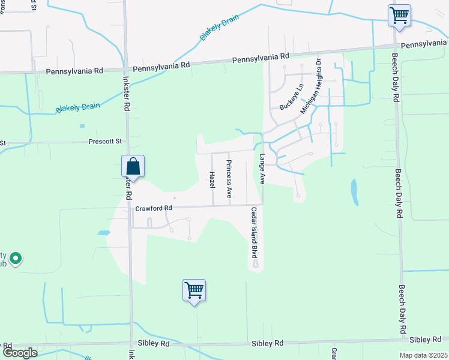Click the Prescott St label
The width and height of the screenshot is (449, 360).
105,142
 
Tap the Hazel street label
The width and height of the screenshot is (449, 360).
212,179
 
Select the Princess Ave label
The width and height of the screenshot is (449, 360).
229,179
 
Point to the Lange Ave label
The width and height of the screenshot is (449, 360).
262,169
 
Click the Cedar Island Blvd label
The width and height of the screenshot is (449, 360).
254,233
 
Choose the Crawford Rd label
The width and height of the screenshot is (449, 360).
154,208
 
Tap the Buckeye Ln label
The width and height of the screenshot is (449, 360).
292,97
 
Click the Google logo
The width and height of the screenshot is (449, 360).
20,353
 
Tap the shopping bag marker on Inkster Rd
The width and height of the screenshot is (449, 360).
133,166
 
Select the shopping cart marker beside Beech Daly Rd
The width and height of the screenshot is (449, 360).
399,14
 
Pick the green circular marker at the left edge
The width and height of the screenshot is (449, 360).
16,259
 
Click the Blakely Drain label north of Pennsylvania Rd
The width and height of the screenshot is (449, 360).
219,27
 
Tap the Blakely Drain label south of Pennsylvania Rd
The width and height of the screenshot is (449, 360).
78,108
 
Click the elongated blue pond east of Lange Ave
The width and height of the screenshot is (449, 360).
354,190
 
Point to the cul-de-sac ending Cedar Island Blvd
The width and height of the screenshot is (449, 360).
256,264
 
